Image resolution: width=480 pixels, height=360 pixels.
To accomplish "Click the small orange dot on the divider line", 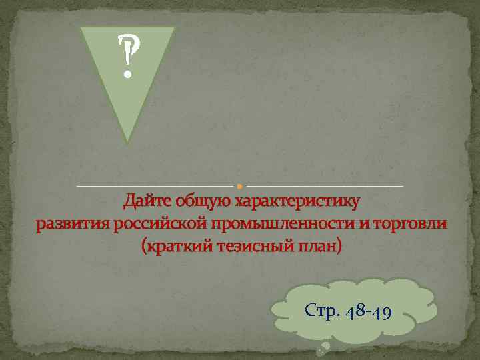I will [x=240, y=185].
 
